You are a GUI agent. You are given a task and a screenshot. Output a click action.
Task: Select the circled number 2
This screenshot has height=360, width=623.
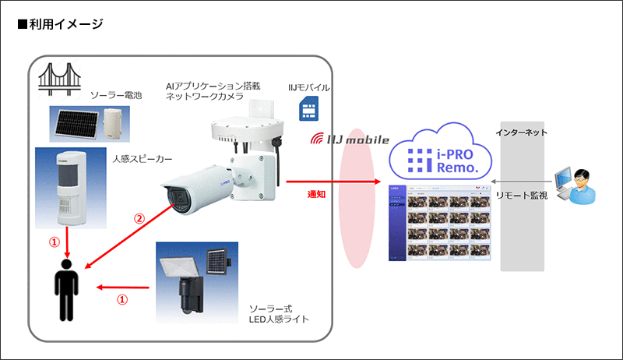[139, 220]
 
